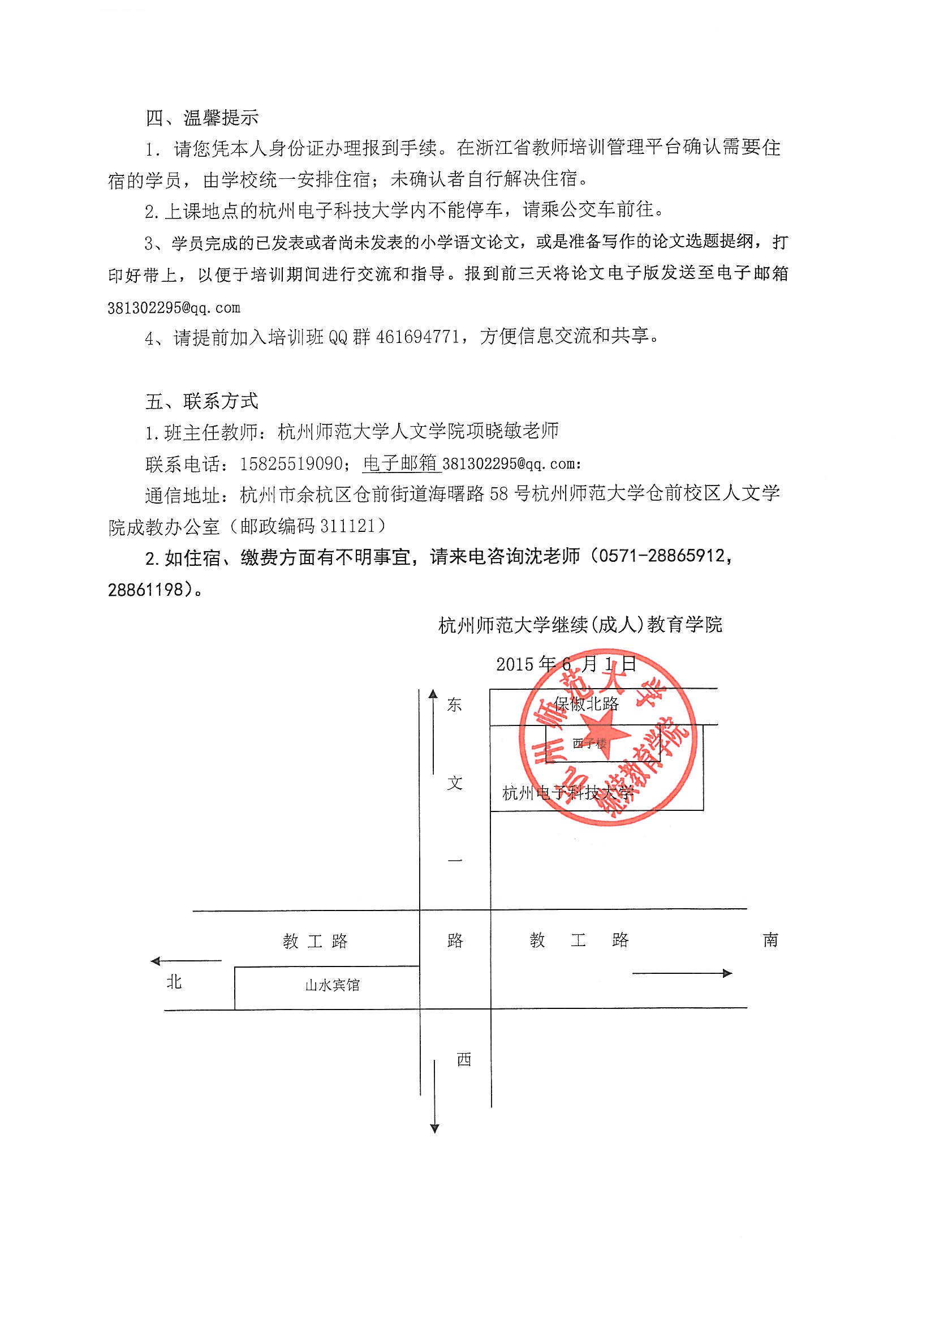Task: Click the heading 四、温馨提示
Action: coord(201,118)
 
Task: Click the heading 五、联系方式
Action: coord(201,402)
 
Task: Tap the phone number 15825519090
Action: coord(291,464)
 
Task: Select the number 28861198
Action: coord(146,590)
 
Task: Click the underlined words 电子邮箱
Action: coord(401,463)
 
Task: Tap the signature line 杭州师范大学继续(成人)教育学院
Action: coord(580,625)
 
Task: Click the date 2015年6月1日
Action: coord(566,664)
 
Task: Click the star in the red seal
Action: coord(605,733)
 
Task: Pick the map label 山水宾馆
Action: coord(333,985)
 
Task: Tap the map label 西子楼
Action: coord(589,744)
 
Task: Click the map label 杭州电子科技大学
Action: coord(567,793)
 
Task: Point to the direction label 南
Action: coord(770,940)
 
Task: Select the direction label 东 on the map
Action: coord(455,705)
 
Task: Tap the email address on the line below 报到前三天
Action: coord(174,308)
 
